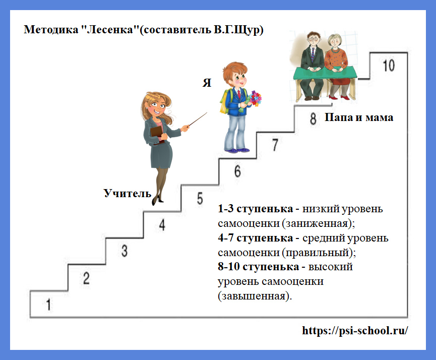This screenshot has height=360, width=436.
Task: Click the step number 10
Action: click(389, 66)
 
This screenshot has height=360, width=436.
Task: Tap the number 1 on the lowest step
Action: click(48, 305)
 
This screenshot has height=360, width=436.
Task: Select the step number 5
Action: click(200, 199)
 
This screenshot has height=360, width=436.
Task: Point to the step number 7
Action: click(275, 145)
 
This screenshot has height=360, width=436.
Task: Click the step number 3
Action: click(124, 251)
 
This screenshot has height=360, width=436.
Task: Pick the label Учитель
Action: click(128, 193)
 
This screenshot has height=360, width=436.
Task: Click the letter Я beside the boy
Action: click(207, 83)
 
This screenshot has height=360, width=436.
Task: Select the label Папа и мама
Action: click(359, 117)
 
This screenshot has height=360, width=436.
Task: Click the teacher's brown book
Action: click(156, 134)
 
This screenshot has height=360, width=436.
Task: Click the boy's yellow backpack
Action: click(224, 101)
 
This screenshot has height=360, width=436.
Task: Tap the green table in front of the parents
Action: click(325, 73)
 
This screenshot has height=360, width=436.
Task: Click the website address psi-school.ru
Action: click(355, 331)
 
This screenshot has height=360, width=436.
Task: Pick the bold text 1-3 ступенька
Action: click(255, 209)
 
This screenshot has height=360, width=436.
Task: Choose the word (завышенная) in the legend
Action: click(255, 296)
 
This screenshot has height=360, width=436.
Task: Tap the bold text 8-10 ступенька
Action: click(258, 267)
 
